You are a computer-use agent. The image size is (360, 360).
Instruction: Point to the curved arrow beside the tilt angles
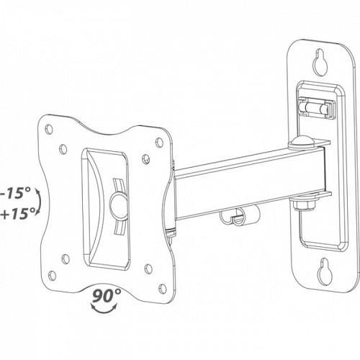(x=38, y=204)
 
